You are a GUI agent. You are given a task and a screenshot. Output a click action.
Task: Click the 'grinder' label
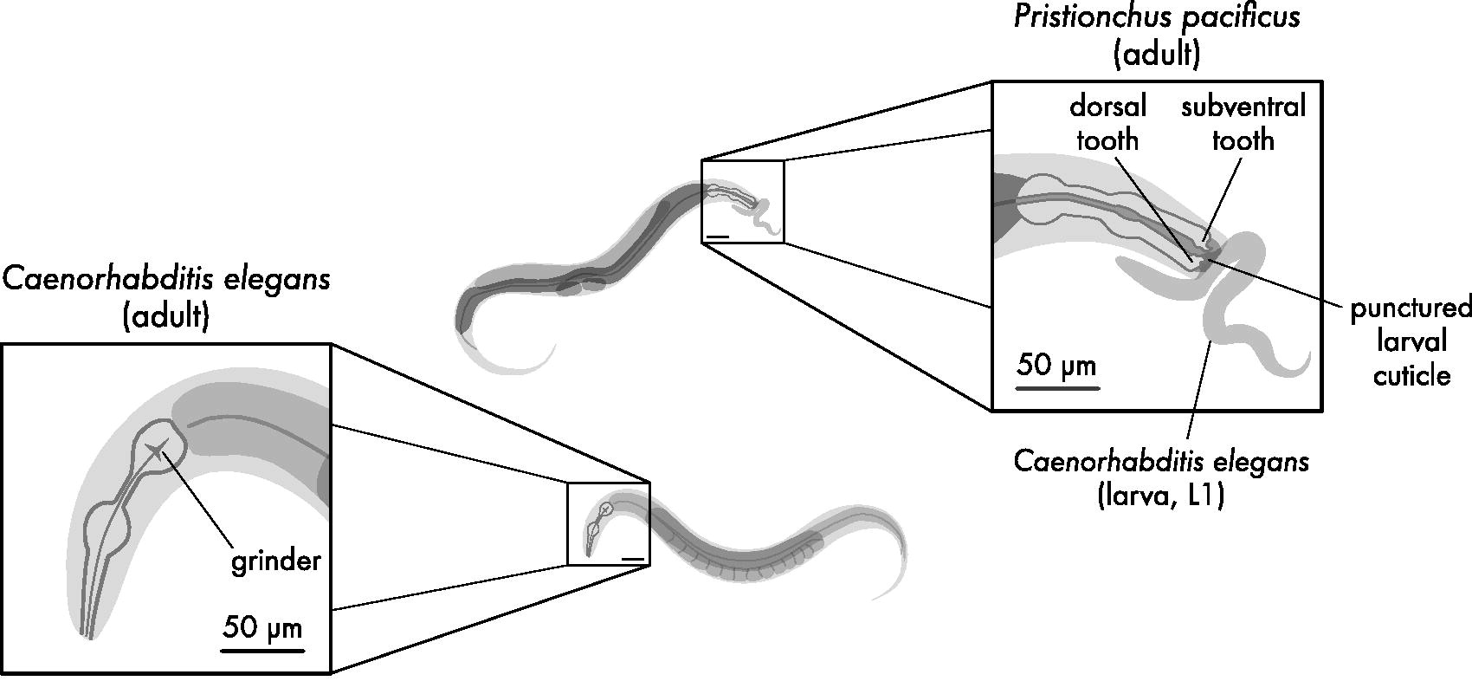coord(275,561)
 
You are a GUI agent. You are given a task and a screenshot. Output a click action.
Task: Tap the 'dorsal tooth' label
coord(1107,123)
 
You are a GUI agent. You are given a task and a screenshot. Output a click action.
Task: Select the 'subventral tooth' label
coord(1243,123)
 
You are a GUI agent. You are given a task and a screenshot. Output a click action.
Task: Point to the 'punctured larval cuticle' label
coord(1411,341)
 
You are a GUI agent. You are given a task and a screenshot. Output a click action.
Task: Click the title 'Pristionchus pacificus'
coord(1157,17)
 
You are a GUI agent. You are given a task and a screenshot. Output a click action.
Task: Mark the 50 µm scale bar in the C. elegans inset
coord(262,649)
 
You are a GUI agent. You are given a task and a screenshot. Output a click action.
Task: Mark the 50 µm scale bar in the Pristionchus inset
coord(1057,387)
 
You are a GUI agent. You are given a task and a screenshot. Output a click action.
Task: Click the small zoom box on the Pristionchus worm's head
coord(742,201)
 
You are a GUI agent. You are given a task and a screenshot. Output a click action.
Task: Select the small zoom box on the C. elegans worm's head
coord(608,524)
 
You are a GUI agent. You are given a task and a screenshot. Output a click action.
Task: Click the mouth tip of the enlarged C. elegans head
coord(88,636)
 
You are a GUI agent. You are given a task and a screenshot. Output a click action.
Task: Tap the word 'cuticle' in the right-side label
coord(1411,375)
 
